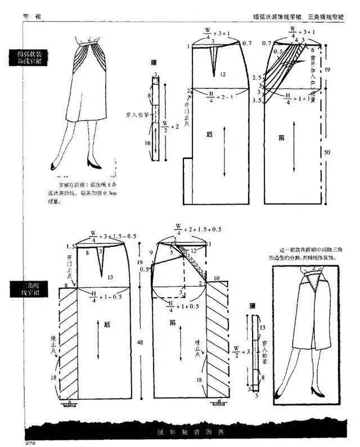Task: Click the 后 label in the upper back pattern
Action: [209, 134]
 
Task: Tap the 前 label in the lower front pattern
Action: [172, 323]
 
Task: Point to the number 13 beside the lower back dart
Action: [110, 277]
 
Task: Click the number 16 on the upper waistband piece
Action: [148, 143]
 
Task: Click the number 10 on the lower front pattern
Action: [217, 278]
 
